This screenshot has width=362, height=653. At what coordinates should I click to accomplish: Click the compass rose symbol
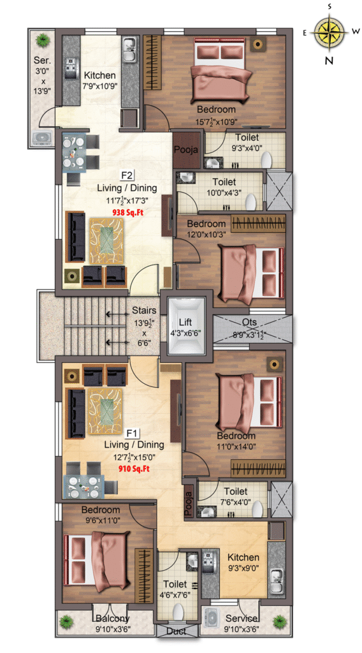(329, 33)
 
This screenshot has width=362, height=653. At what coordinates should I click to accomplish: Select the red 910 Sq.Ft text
(133, 469)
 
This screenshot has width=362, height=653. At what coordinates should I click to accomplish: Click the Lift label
(185, 322)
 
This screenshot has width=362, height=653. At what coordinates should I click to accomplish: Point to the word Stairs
(144, 311)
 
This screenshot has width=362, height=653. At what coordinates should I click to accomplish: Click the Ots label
(250, 322)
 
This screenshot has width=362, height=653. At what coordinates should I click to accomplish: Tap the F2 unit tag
(127, 175)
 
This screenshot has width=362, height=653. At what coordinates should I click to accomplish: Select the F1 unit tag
(132, 434)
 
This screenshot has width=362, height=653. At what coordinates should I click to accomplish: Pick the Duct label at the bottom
(176, 631)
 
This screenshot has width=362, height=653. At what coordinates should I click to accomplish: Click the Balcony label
(112, 618)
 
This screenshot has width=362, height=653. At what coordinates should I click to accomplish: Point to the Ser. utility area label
(42, 61)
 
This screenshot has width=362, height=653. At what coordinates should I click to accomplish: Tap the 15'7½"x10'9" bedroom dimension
(216, 122)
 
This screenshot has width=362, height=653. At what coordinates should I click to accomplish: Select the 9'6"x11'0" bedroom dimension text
(101, 520)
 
